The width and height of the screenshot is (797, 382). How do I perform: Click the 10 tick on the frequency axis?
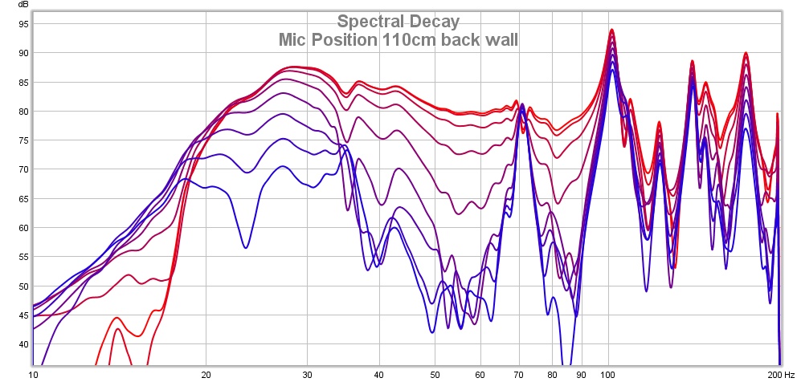33,374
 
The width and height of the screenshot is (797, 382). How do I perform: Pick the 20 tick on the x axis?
206,374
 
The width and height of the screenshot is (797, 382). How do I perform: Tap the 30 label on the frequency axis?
308,374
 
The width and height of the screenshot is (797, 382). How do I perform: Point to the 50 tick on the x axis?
435,374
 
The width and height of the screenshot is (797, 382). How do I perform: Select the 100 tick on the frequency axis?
608,374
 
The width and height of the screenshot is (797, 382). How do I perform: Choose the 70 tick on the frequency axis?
519,374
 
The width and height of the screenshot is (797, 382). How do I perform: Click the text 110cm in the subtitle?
401,39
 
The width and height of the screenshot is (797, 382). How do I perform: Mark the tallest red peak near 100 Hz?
612,30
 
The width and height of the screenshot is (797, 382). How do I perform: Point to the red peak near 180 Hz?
746,53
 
